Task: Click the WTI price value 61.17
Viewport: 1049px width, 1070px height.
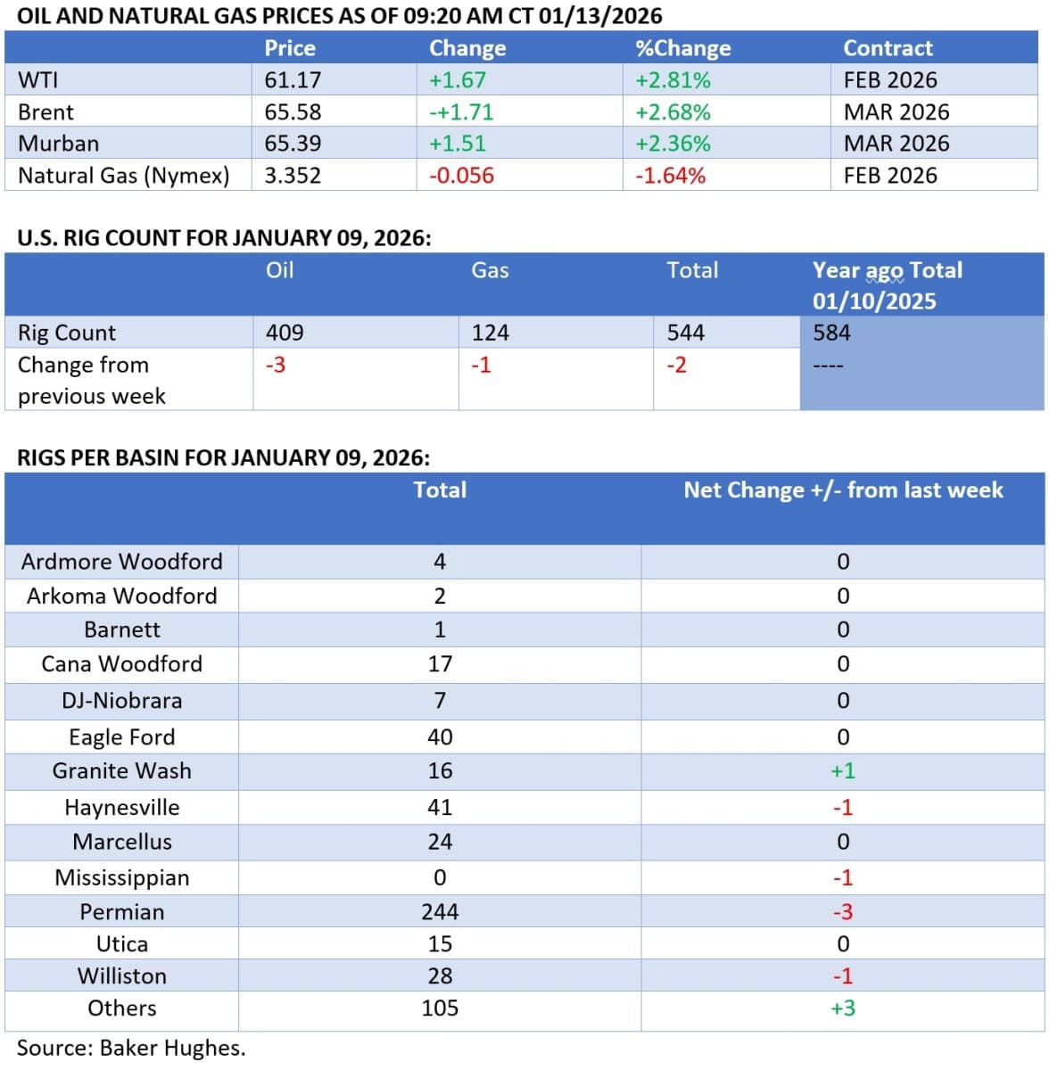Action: pyautogui.click(x=293, y=80)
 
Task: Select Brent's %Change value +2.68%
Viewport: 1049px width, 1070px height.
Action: pyautogui.click(x=673, y=112)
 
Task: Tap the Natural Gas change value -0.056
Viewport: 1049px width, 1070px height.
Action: pyautogui.click(x=461, y=176)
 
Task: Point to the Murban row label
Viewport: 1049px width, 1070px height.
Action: pyautogui.click(x=59, y=144)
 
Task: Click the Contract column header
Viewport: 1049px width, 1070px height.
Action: pyautogui.click(x=888, y=48)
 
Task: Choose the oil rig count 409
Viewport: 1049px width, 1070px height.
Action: pyautogui.click(x=285, y=333)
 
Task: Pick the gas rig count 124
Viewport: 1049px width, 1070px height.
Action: pyautogui.click(x=490, y=333)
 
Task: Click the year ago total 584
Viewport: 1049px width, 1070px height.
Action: pyautogui.click(x=831, y=333)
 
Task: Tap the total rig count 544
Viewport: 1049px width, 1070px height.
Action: pyautogui.click(x=685, y=333)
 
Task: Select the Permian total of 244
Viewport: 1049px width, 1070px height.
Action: pyautogui.click(x=440, y=911)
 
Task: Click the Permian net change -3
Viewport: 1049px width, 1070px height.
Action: pyautogui.click(x=843, y=911)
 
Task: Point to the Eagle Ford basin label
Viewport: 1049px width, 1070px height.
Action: pyautogui.click(x=122, y=737)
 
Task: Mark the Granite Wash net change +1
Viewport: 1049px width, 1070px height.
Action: pyautogui.click(x=843, y=770)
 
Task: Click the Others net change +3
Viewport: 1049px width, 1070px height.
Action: pyautogui.click(x=843, y=1008)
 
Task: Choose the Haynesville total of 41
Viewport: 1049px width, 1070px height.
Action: pyautogui.click(x=440, y=807)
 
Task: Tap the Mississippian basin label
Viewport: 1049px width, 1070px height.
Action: pyautogui.click(x=122, y=877)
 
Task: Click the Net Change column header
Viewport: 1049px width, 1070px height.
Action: pyautogui.click(x=843, y=490)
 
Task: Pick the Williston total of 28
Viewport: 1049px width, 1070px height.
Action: pyautogui.click(x=440, y=975)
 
